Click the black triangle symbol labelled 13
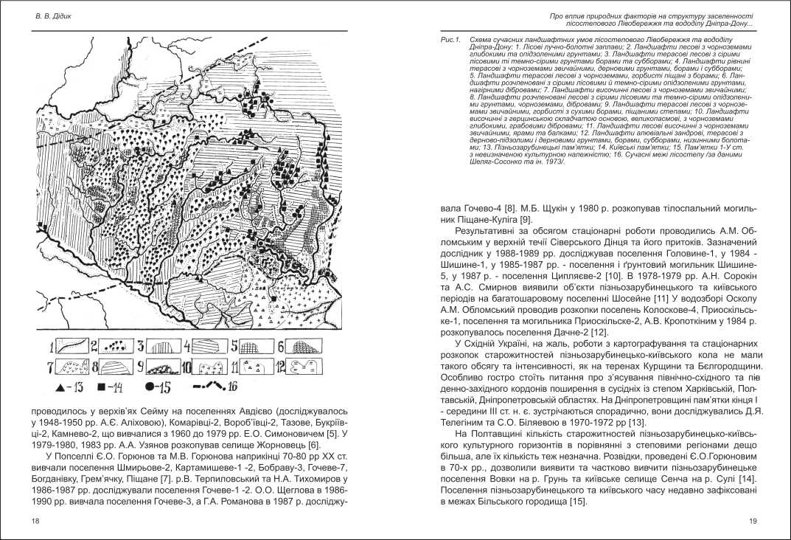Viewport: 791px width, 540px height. (58, 386)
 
